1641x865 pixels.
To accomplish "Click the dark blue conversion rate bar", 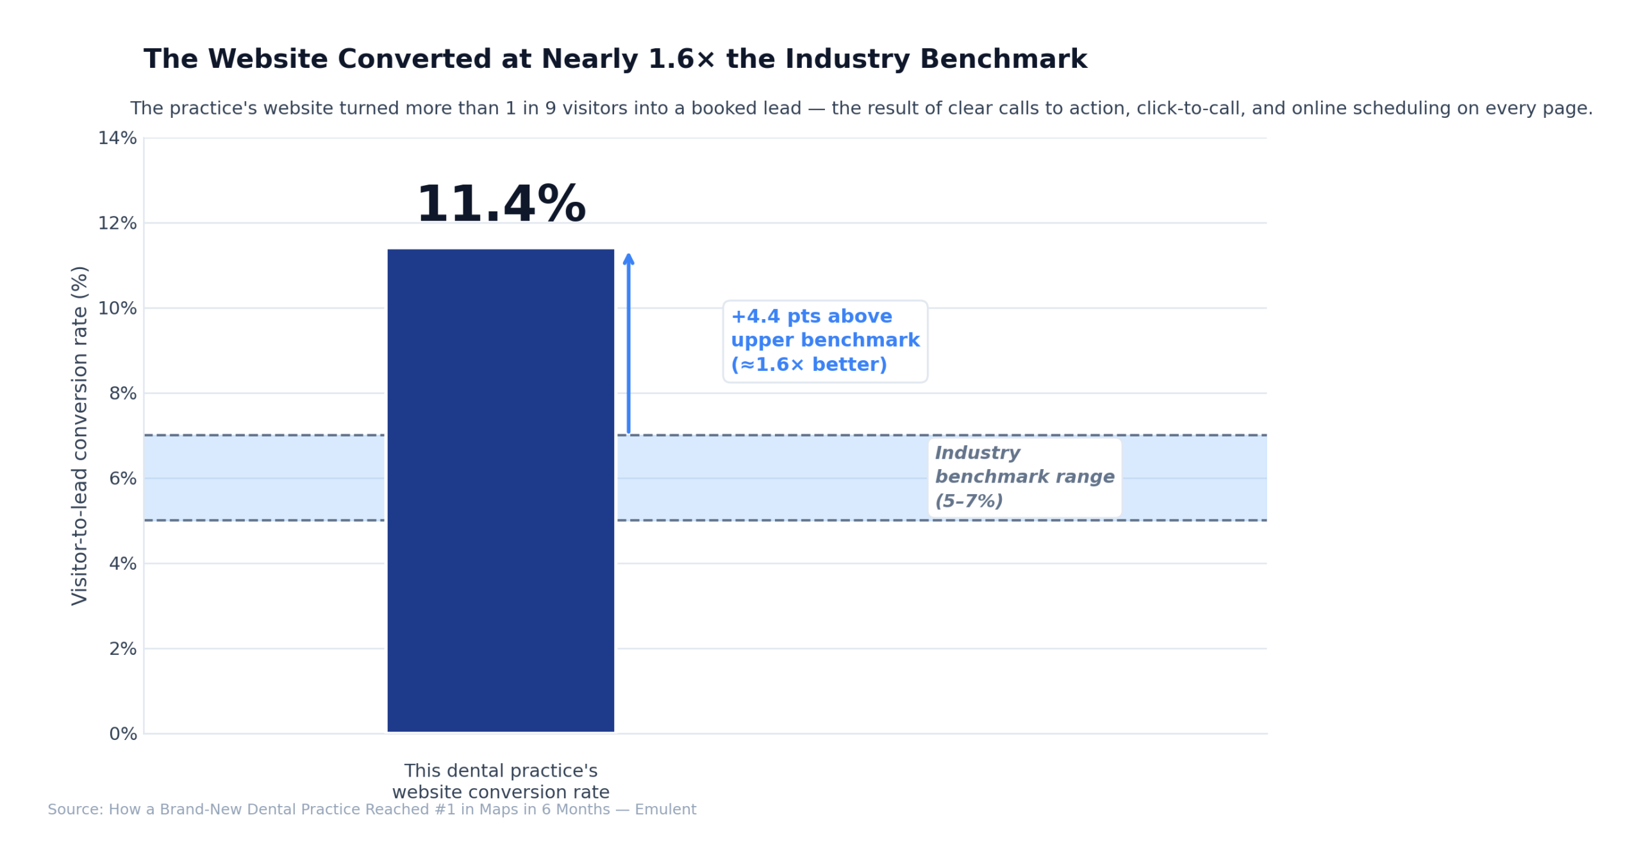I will (500, 490).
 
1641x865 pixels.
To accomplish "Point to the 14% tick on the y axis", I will (117, 138).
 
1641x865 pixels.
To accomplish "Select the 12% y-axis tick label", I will (117, 223).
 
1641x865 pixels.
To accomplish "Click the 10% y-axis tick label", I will (117, 308).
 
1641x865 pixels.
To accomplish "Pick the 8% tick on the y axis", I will (122, 393).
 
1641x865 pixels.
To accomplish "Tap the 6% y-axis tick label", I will (122, 479).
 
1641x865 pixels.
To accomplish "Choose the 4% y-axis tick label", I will (122, 564).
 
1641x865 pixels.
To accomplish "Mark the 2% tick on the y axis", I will (122, 649).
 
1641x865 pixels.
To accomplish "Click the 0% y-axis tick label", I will (122, 734).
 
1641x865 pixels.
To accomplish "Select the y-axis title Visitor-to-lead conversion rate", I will (79, 436).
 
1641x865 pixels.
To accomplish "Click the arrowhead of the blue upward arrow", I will (628, 258).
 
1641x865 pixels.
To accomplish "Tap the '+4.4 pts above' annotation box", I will (824, 341).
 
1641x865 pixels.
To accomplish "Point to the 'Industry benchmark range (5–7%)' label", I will (1024, 477).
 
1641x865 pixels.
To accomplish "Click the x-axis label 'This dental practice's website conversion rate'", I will (500, 781).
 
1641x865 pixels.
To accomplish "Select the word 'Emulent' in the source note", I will (665, 809).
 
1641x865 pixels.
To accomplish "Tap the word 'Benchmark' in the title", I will (1003, 60).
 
